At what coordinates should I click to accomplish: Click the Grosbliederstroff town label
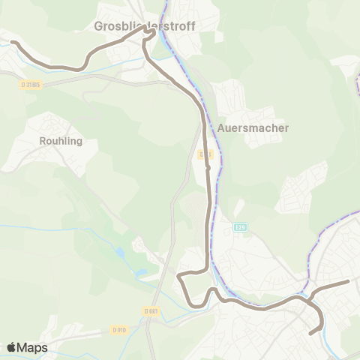[x=145, y=26]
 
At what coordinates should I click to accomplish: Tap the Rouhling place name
[x=60, y=140]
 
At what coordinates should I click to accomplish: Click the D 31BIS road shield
[x=31, y=85]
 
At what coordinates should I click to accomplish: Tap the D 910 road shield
[x=119, y=329]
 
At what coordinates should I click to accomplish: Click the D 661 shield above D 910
[x=151, y=310]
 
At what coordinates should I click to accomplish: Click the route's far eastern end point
[x=348, y=281]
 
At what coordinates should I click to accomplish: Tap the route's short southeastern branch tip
[x=312, y=331]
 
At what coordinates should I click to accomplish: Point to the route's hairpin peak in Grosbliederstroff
[x=153, y=31]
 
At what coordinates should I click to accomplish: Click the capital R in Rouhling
[x=42, y=140]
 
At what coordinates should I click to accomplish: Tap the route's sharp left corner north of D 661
[x=179, y=277]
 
